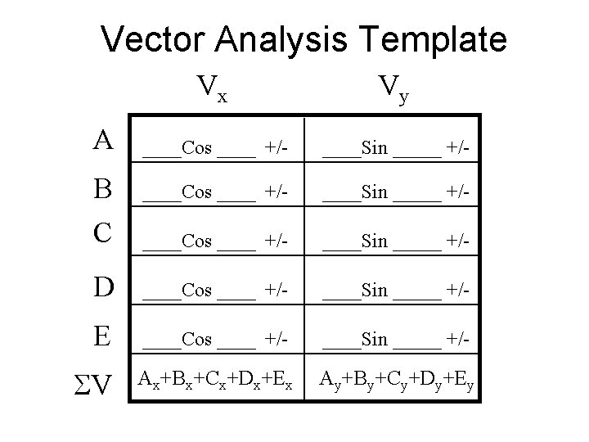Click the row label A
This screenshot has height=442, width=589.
tap(103, 141)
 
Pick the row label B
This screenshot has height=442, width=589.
tap(103, 190)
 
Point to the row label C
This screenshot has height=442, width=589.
tap(103, 232)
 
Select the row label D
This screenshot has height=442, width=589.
tap(103, 288)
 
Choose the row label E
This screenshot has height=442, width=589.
tap(103, 336)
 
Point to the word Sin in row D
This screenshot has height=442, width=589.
tap(375, 291)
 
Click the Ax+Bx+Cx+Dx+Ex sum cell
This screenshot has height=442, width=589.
tap(215, 379)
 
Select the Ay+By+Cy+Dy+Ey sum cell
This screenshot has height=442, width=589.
tap(395, 379)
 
